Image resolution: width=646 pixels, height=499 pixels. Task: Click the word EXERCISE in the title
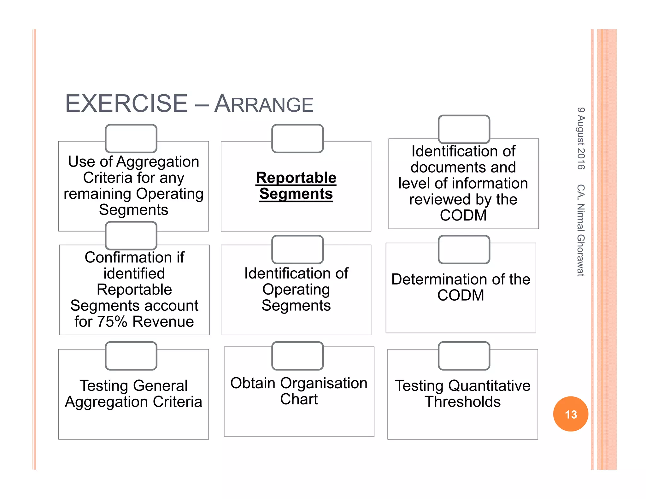tap(126, 103)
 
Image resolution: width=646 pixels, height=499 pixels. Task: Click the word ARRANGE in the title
tap(264, 104)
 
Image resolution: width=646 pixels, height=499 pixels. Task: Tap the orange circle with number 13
tap(570, 414)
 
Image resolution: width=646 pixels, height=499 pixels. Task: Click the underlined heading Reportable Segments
tap(296, 185)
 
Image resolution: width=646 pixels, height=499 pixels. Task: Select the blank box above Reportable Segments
tap(297, 138)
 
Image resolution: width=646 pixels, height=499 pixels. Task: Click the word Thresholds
tap(462, 402)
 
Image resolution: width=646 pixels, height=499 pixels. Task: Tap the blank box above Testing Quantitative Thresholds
tap(464, 356)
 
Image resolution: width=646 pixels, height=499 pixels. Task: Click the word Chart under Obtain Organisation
tap(299, 399)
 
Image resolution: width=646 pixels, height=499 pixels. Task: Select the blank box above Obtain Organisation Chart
tap(297, 356)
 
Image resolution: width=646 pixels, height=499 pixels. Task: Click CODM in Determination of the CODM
tap(461, 296)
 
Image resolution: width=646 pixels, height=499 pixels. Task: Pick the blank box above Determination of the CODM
tap(464, 249)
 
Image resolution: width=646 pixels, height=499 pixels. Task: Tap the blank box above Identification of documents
tap(464, 129)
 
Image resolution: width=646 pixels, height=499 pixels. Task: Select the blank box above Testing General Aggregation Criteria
tap(131, 356)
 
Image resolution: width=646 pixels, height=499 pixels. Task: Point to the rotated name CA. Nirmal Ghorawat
tap(581, 230)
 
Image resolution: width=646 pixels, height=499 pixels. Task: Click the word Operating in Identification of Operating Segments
tap(296, 290)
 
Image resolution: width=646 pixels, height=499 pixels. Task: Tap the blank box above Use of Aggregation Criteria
tap(131, 138)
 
